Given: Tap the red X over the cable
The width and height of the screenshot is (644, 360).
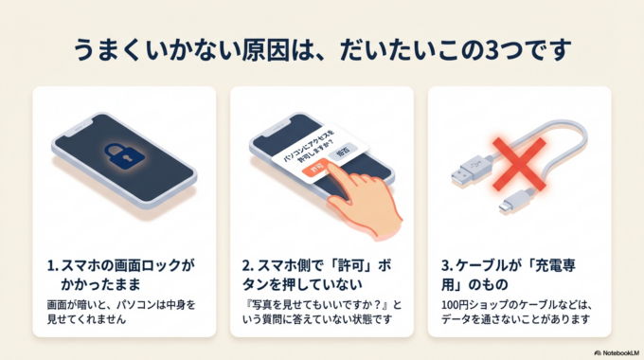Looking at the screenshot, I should [x=516, y=162].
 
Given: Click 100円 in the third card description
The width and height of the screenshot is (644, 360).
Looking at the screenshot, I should [x=455, y=303].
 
